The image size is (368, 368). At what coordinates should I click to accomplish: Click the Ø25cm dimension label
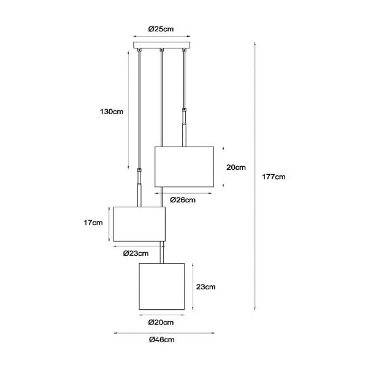tap(161, 29)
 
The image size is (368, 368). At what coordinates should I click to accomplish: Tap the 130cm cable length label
tap(112, 112)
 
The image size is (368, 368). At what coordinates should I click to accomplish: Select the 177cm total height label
tap(274, 177)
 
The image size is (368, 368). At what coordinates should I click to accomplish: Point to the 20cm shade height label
tap(236, 167)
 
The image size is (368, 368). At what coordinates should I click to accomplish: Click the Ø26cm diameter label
tap(183, 200)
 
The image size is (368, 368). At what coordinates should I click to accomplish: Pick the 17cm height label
tap(93, 223)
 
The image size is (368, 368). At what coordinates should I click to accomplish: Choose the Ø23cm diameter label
tap(136, 253)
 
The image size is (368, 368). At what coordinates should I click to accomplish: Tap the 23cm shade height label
tap(206, 287)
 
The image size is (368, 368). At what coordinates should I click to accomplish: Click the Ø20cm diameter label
tap(161, 323)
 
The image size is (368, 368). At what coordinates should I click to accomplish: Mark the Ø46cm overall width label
tap(162, 340)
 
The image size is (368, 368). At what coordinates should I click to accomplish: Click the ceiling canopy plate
tap(162, 45)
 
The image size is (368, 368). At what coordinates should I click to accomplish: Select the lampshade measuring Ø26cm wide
tap(184, 167)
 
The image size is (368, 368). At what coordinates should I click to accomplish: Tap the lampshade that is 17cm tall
tap(139, 224)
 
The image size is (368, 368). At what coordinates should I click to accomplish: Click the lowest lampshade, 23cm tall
tap(162, 286)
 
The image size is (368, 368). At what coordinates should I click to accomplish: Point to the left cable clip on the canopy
tap(139, 50)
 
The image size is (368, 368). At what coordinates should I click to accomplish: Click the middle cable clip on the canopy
tap(162, 50)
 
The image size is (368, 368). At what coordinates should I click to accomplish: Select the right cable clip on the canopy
tap(184, 50)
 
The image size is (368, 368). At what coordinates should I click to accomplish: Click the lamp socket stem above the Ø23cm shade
tap(139, 188)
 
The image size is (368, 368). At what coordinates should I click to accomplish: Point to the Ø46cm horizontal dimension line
tap(164, 333)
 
